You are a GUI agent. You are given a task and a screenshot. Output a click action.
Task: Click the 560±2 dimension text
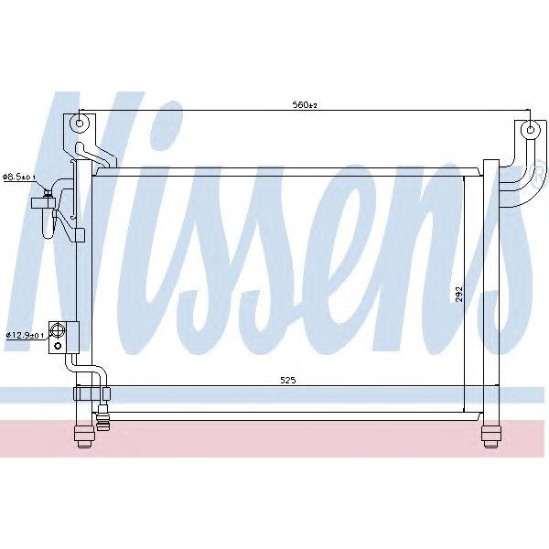pos(306,106)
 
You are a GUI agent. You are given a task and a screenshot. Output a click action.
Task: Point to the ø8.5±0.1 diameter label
pos(19,177)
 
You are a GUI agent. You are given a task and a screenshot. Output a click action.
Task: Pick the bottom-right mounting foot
pos(491,434)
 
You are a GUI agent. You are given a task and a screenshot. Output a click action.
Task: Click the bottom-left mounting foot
pos(81,434)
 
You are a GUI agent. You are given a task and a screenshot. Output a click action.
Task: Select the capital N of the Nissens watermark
pos(91,210)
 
